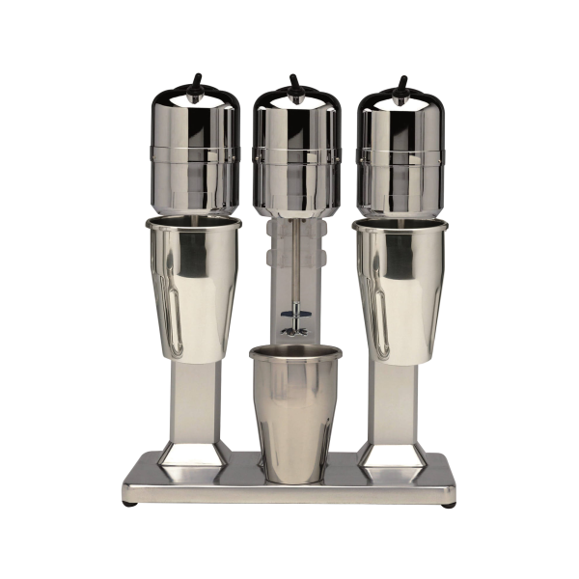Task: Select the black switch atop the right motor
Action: tap(400, 84)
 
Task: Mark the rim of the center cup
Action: tap(294, 352)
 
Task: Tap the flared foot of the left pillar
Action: tap(194, 454)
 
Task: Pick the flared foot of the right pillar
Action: tap(393, 454)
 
